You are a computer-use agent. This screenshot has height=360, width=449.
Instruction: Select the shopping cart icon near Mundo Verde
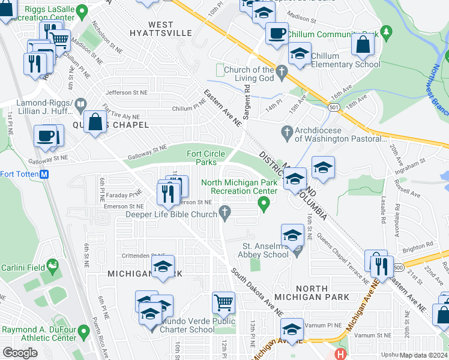[x=223, y=302]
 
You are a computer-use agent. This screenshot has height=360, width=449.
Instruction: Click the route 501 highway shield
[x=334, y=106]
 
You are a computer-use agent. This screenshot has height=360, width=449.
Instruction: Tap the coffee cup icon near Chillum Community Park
[x=277, y=33]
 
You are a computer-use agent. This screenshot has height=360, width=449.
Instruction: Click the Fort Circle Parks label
[x=202, y=158]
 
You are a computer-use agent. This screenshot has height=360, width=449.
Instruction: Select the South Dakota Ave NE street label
[x=258, y=292]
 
